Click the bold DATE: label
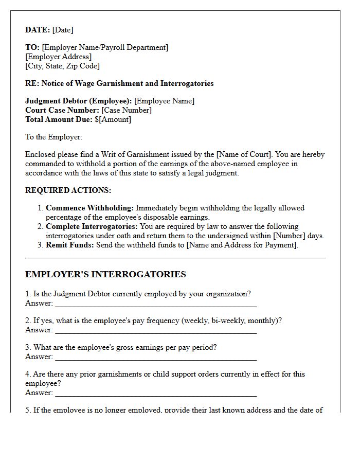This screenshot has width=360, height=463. tap(38, 30)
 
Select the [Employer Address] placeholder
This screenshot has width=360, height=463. tap(58, 57)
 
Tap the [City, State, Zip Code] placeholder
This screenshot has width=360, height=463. tap(62, 66)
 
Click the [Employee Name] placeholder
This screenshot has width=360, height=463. tap(164, 101)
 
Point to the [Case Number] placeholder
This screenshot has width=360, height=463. tap(126, 110)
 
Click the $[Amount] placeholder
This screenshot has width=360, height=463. tap(113, 119)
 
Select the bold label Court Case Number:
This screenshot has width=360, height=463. tap(62, 110)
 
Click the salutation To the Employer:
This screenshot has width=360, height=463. tap(53, 137)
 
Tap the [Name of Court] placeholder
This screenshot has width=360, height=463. tap(243, 154)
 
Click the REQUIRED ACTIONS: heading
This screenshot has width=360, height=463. tap(68, 190)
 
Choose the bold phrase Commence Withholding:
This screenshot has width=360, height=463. tap(89, 208)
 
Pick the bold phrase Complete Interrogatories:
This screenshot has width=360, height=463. tap(92, 226)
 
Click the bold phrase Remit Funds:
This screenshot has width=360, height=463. tap(69, 245)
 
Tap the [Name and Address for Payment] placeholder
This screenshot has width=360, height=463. tap(242, 245)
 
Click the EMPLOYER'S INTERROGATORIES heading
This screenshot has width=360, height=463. tap(105, 274)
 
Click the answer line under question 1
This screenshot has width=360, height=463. tap(156, 304)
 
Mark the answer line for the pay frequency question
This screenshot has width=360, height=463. tap(156, 330)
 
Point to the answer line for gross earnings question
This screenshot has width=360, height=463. tap(156, 357)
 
